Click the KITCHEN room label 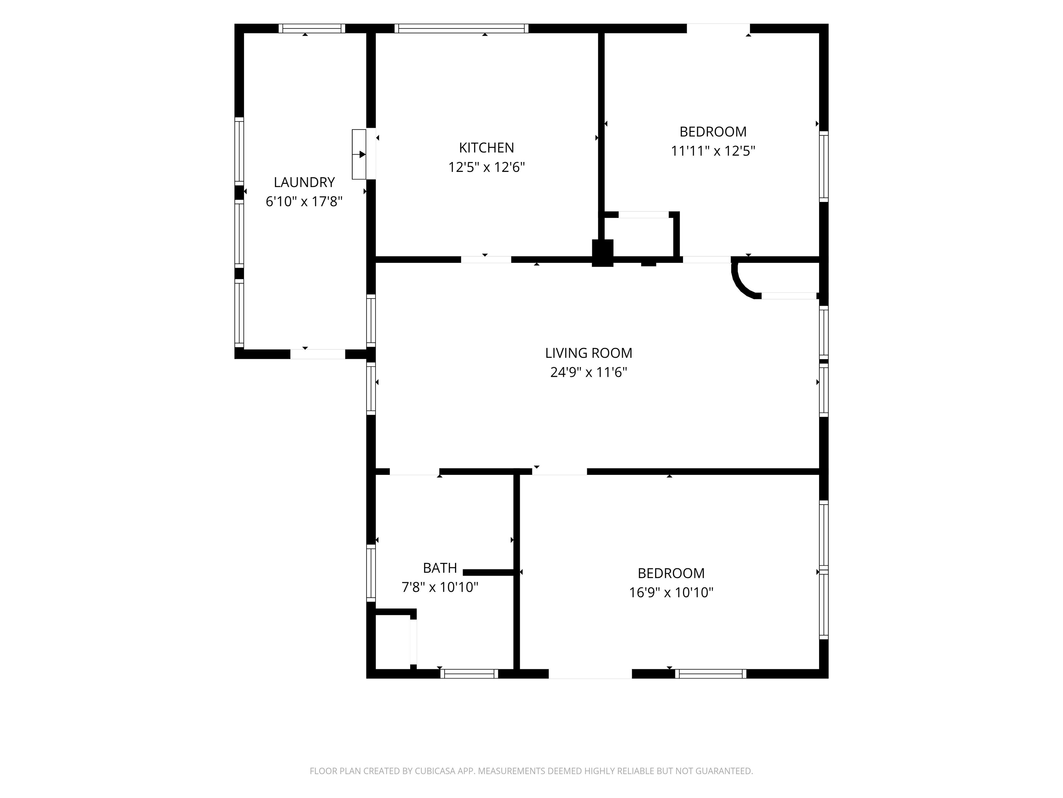(486, 148)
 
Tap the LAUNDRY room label (304, 182)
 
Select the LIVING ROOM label (589, 353)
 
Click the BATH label (440, 568)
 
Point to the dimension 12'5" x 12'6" (486, 167)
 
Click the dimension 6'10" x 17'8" (304, 202)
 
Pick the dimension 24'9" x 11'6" (589, 372)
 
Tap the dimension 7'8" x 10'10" (440, 587)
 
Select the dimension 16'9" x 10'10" (671, 593)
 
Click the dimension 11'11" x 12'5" (713, 151)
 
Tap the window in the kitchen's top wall (461, 28)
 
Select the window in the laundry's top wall (312, 28)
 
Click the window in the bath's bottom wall (469, 674)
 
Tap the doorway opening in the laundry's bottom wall (318, 354)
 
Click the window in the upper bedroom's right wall (824, 167)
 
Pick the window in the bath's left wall (371, 573)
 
